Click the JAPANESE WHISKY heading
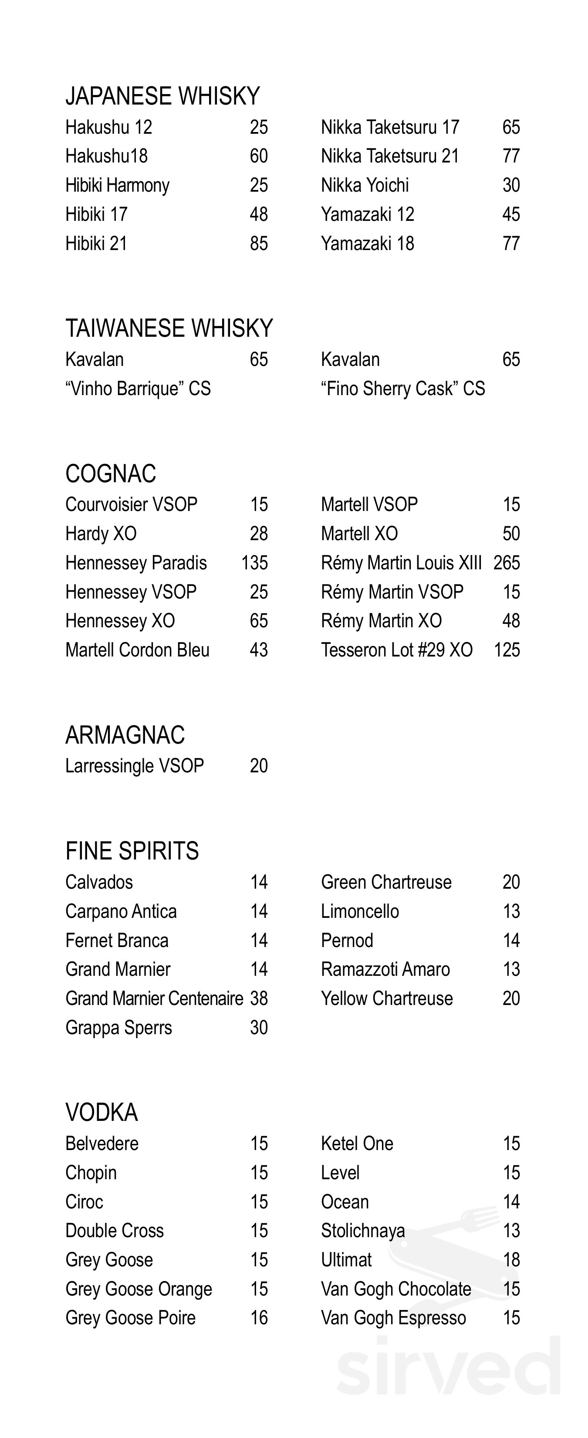(162, 96)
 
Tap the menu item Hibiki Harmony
(117, 185)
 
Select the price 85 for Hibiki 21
(259, 244)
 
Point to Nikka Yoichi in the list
(365, 185)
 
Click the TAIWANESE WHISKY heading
(169, 328)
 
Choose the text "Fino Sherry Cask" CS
(402, 389)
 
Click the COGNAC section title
(111, 474)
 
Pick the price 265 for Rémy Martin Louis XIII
(507, 563)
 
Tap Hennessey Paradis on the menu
(136, 563)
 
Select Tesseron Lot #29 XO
(396, 650)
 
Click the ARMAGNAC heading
(125, 735)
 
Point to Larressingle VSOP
(135, 766)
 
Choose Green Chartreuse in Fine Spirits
(386, 882)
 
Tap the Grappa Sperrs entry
(118, 1027)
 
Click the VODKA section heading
(101, 1113)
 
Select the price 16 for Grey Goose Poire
(259, 1317)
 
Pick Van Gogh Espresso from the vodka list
(393, 1317)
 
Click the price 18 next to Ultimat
(511, 1259)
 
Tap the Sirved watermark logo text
(448, 1365)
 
